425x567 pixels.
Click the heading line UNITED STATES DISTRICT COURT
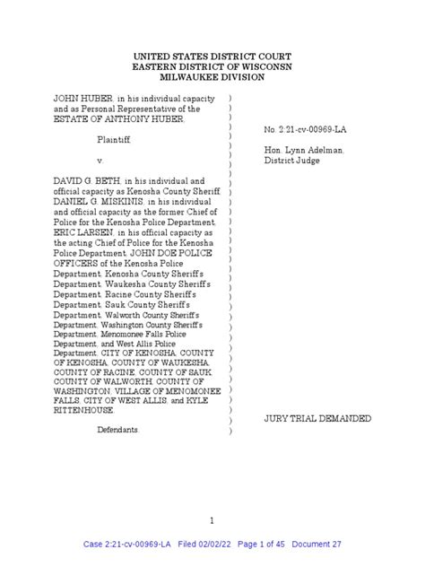tap(213, 56)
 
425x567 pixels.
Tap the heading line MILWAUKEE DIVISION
tap(213, 79)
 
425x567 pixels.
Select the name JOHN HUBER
tap(79, 97)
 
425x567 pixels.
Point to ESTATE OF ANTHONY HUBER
tap(107, 118)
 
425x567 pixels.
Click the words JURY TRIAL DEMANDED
tap(317, 419)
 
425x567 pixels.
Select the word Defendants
tap(119, 430)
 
